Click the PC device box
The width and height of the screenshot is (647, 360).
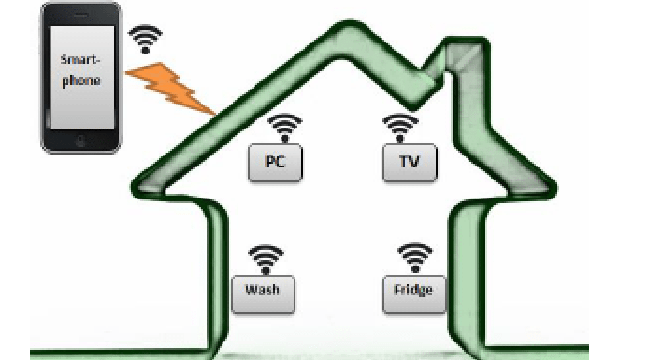(275, 162)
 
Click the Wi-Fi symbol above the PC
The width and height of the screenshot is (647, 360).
(285, 127)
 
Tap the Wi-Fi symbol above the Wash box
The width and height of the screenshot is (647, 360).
(265, 260)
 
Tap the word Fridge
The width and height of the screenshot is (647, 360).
(413, 290)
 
